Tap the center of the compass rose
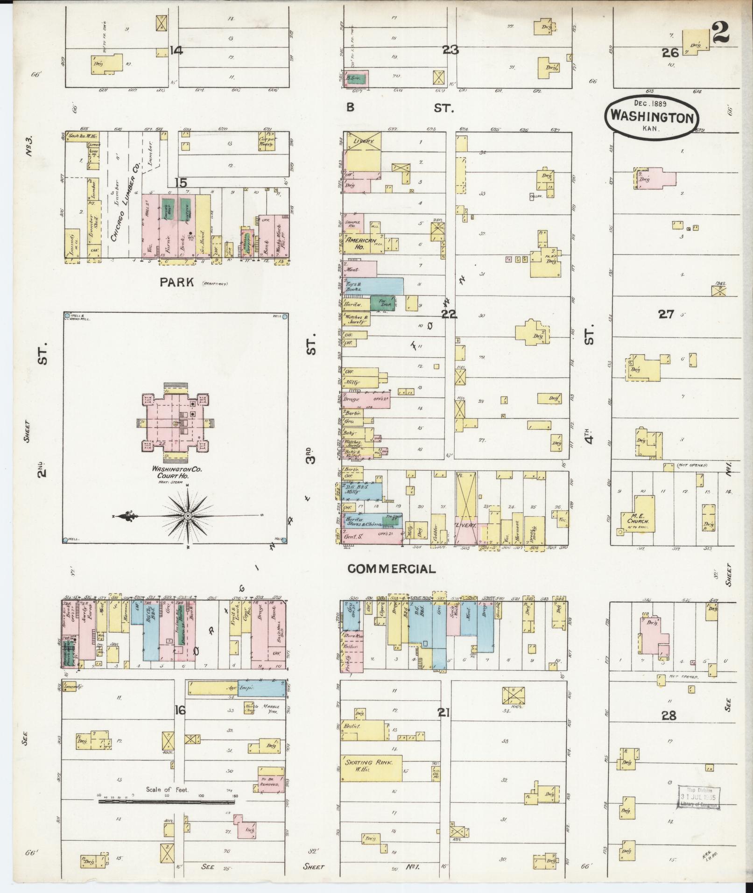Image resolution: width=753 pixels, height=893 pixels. tap(188, 516)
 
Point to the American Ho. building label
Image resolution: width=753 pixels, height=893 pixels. tap(361, 243)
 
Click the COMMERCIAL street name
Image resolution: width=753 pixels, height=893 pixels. tap(392, 569)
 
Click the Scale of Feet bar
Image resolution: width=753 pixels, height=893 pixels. tap(166, 801)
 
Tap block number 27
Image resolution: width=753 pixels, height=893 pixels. tap(666, 314)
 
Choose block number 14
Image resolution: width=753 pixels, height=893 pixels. tap(176, 50)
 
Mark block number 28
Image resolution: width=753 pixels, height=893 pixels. tap(669, 716)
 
